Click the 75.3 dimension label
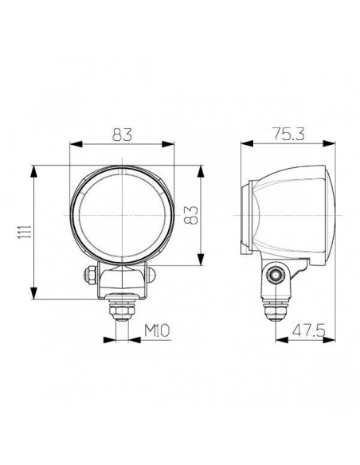[289, 135]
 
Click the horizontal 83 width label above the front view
[123, 135]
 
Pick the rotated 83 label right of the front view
[189, 215]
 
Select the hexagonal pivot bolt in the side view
[276, 275]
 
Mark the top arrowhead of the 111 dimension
[33, 170]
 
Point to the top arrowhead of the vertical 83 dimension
[199, 170]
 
